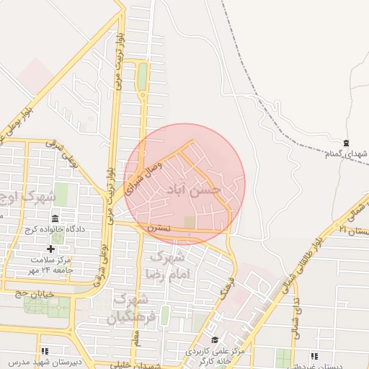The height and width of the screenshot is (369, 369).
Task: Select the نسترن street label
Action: [159, 227]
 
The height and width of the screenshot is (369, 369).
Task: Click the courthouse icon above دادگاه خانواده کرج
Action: [55, 218]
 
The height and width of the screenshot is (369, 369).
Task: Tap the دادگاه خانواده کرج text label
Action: [55, 229]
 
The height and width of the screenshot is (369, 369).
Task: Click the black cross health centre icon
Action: [50, 249]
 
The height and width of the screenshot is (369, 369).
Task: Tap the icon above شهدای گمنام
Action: [347, 143]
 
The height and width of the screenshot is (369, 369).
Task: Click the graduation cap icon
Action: [214, 339]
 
